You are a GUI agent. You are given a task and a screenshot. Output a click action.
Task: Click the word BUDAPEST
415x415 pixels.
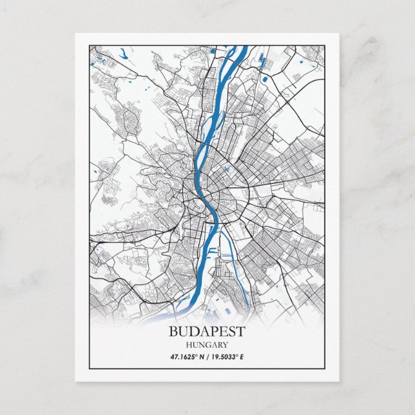[207, 332]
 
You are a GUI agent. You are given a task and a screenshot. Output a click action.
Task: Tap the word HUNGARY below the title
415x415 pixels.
[207, 345]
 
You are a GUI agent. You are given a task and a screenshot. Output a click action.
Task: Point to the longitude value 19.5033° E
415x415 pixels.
[229, 356]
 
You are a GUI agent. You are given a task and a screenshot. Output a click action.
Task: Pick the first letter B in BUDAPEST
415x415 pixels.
[173, 332]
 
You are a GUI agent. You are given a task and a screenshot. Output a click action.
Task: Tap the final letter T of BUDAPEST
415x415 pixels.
[241, 332]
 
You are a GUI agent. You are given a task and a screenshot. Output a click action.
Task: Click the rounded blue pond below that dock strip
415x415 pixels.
[265, 79]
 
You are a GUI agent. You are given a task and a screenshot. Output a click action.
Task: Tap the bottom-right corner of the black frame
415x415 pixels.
[325, 370]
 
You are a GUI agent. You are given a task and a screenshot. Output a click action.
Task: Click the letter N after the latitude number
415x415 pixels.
[202, 356]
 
